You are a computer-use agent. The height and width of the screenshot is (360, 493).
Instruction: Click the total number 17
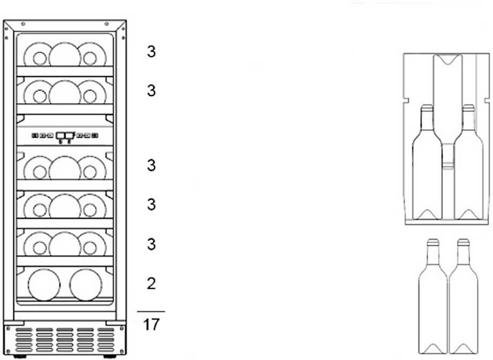151,324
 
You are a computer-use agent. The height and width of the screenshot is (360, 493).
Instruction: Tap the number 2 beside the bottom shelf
151,283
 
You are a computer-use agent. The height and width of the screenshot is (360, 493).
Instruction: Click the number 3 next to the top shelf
152,52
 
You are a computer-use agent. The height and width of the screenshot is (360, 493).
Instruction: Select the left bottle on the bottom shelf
44,284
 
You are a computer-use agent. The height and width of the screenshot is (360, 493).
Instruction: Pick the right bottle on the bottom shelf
85,284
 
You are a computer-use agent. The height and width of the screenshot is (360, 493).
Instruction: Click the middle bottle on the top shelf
65,55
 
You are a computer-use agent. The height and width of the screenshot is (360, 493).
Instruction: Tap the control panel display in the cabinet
64,136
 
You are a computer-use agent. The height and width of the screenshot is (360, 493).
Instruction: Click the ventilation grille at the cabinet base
64,339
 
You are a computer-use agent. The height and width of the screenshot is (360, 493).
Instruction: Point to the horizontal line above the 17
151,311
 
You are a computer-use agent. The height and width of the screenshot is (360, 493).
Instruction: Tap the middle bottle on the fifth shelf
65,244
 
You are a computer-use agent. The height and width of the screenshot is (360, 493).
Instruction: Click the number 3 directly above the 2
152,244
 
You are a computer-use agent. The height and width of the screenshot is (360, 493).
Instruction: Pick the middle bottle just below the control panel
65,168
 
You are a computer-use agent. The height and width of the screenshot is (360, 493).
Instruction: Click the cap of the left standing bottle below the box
432,243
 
